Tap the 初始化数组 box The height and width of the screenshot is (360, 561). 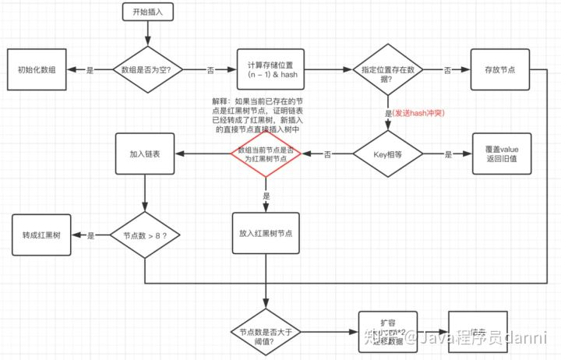[40, 69]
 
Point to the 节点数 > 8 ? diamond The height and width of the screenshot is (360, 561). [146, 235]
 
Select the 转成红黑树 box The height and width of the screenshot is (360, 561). [40, 235]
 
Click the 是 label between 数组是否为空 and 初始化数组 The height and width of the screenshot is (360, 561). [90, 70]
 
